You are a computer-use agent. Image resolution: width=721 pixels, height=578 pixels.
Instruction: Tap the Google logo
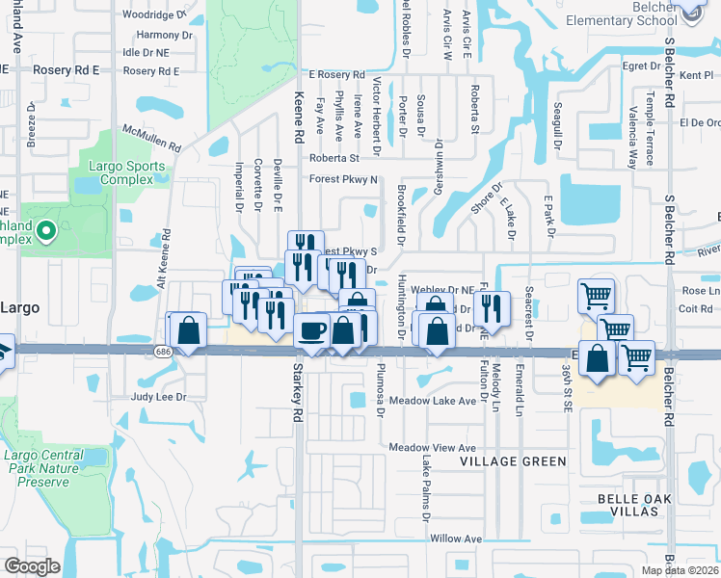click(x=32, y=566)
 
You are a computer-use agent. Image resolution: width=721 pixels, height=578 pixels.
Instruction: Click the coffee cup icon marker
click(x=311, y=331)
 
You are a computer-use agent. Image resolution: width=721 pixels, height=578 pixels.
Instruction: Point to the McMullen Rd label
click(x=151, y=140)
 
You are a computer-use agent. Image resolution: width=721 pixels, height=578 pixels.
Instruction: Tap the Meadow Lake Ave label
click(x=433, y=401)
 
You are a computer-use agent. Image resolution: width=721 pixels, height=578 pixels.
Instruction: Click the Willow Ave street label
click(x=456, y=539)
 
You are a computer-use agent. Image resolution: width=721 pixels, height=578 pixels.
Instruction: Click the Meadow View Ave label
click(x=433, y=448)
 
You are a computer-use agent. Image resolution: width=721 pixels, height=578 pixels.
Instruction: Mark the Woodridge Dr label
click(x=154, y=15)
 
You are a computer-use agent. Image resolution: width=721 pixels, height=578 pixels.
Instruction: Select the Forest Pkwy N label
click(x=342, y=179)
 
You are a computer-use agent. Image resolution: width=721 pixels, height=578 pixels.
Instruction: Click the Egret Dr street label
click(x=641, y=66)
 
